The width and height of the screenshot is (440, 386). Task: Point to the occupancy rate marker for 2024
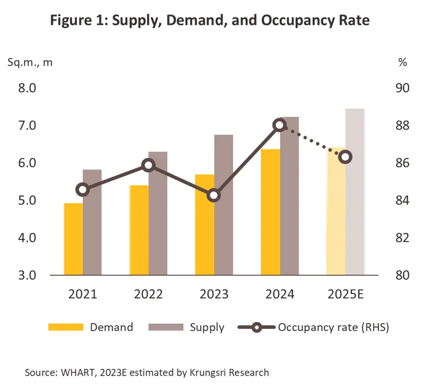tap(279, 125)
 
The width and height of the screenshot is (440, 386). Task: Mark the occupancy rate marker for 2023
tap(213, 196)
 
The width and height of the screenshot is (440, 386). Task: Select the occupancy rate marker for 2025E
tap(345, 157)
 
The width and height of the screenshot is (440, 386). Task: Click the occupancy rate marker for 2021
tap(82, 190)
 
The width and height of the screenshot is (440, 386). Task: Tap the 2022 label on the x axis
tap(148, 294)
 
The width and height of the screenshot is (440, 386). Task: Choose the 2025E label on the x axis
tap(345, 294)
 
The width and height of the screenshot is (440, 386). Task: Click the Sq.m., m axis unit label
tap(30, 62)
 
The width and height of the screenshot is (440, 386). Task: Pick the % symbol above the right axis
tap(402, 62)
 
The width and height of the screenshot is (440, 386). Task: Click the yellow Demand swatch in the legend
tap(66, 328)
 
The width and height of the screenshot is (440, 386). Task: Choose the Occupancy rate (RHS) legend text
tap(334, 328)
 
